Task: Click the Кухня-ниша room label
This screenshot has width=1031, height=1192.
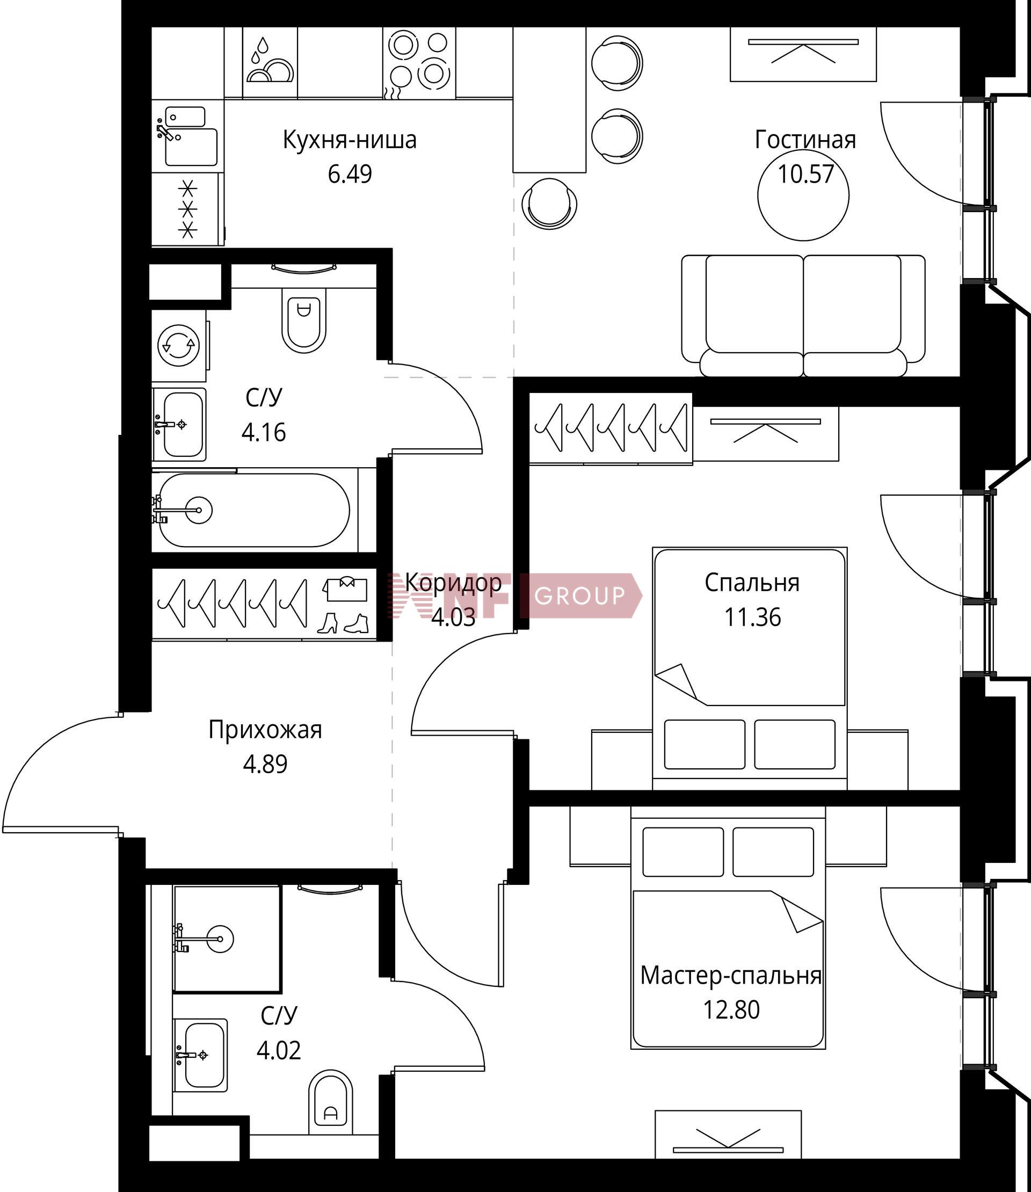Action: click(349, 140)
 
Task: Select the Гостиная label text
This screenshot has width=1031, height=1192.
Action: click(805, 140)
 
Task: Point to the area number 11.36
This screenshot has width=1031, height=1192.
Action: click(752, 617)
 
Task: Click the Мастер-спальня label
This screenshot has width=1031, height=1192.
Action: click(731, 976)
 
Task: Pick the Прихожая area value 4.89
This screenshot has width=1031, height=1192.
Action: click(265, 765)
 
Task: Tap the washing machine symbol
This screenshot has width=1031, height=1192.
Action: click(179, 346)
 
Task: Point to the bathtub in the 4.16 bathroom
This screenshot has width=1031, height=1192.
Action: click(253, 510)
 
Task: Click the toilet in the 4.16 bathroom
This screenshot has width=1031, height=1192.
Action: click(303, 319)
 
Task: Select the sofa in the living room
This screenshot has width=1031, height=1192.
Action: click(803, 316)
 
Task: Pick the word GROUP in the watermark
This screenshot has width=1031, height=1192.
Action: click(579, 596)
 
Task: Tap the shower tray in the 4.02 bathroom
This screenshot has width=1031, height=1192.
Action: click(227, 939)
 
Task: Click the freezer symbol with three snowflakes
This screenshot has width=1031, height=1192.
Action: click(187, 209)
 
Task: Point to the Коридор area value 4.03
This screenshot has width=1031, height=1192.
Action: click(453, 617)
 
